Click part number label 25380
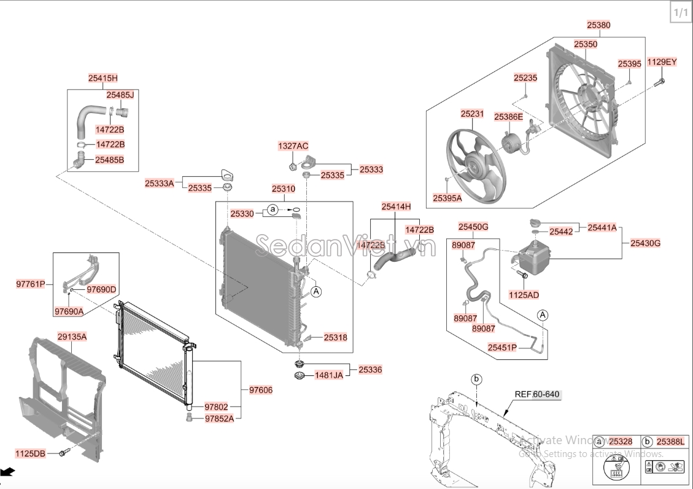[598, 25]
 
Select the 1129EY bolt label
[662, 62]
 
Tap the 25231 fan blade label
[473, 114]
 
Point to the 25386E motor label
[509, 116]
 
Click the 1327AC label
[293, 146]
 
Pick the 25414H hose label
[396, 206]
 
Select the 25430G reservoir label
[645, 243]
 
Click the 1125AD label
[524, 295]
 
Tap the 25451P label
[502, 347]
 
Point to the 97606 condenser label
[261, 389]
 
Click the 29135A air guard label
[72, 337]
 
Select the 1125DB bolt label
[30, 453]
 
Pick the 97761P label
[31, 284]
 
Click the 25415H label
[103, 78]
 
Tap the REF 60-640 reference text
[537, 394]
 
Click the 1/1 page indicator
[680, 12]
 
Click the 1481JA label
[329, 375]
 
